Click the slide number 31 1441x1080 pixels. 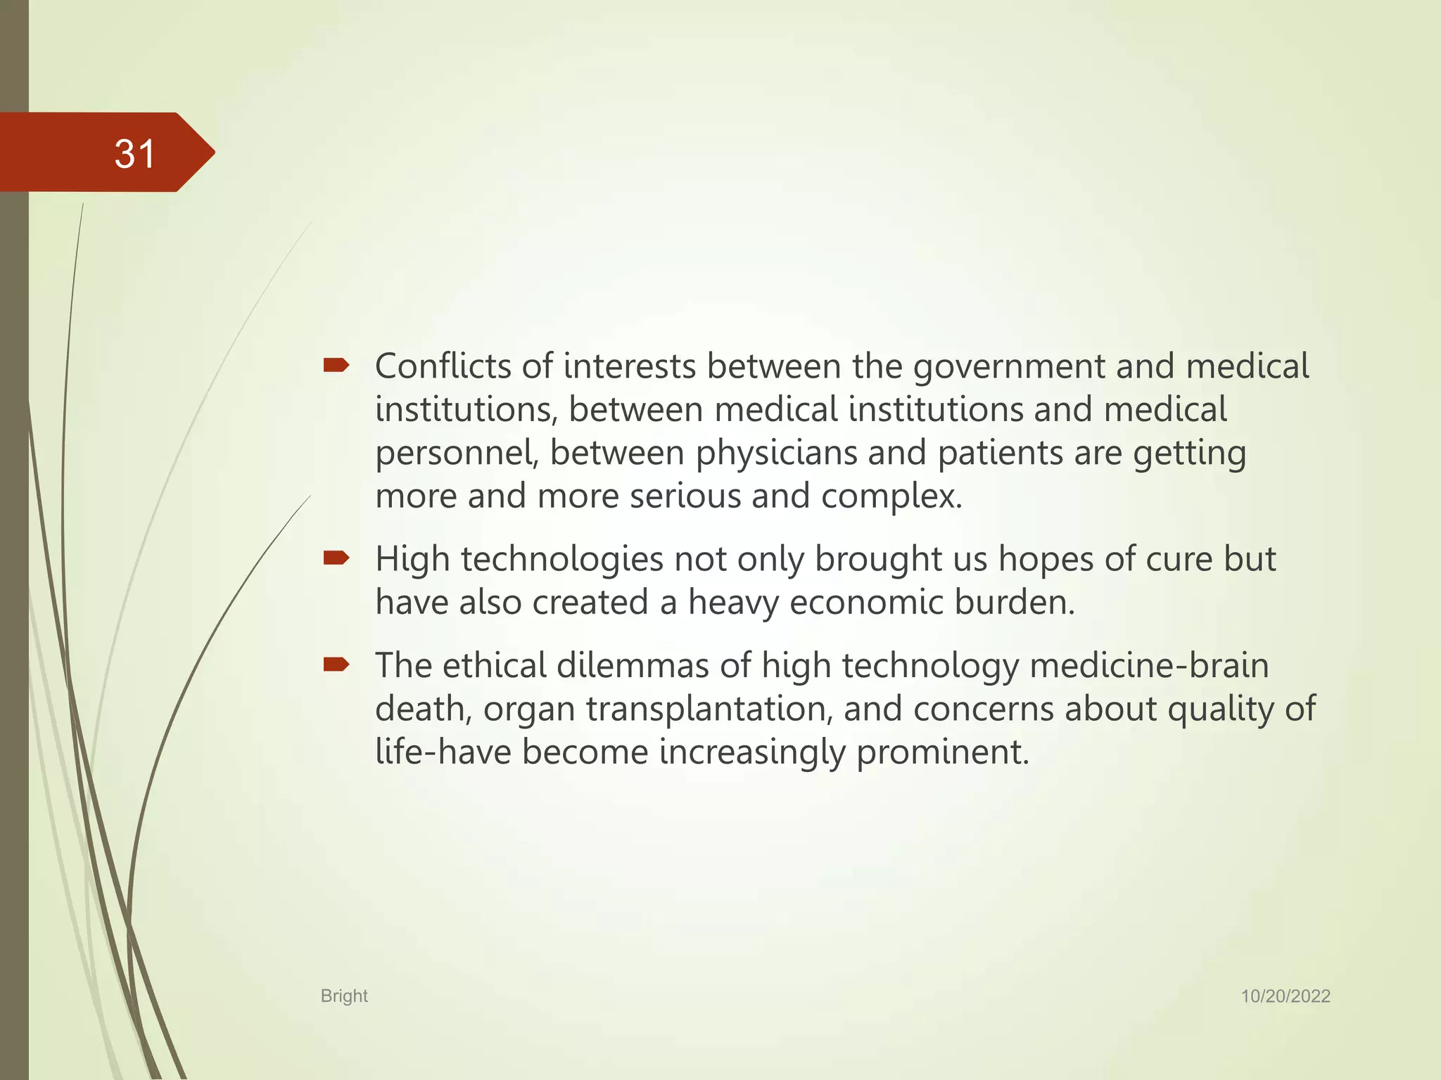134,153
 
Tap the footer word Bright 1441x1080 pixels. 344,996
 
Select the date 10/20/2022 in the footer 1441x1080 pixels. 1285,996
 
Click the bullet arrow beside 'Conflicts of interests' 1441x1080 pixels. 336,365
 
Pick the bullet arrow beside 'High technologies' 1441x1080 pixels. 336,558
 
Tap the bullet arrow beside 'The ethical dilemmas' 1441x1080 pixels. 336,664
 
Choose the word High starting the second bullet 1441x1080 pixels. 413,560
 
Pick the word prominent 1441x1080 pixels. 942,752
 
